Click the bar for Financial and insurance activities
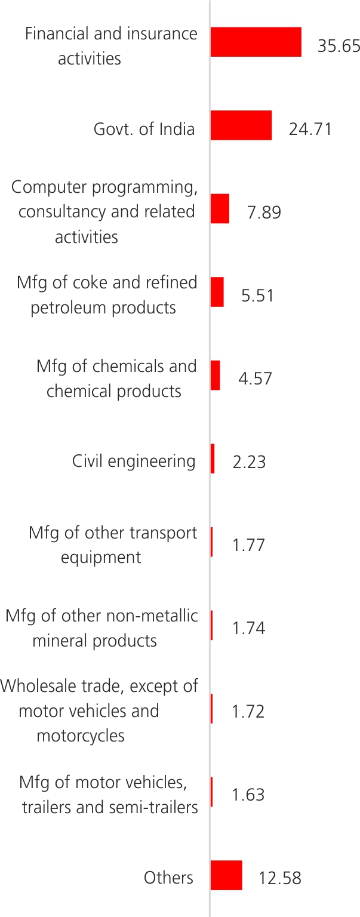[x=256, y=42]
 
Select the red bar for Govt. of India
[x=241, y=125]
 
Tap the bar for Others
[x=226, y=875]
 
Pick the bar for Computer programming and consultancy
[x=220, y=208]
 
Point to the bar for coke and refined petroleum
[x=217, y=292]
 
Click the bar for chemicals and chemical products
[x=215, y=375]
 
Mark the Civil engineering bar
[x=213, y=458]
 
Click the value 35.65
[x=339, y=46]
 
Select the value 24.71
[x=310, y=129]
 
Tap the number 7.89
[x=264, y=213]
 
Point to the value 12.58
[x=279, y=879]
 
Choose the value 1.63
[x=248, y=795]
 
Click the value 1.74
[x=248, y=629]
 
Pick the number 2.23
[x=249, y=462]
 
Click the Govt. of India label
[x=144, y=129]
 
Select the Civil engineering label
[x=134, y=461]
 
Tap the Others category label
[x=168, y=878]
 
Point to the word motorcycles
[x=81, y=736]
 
